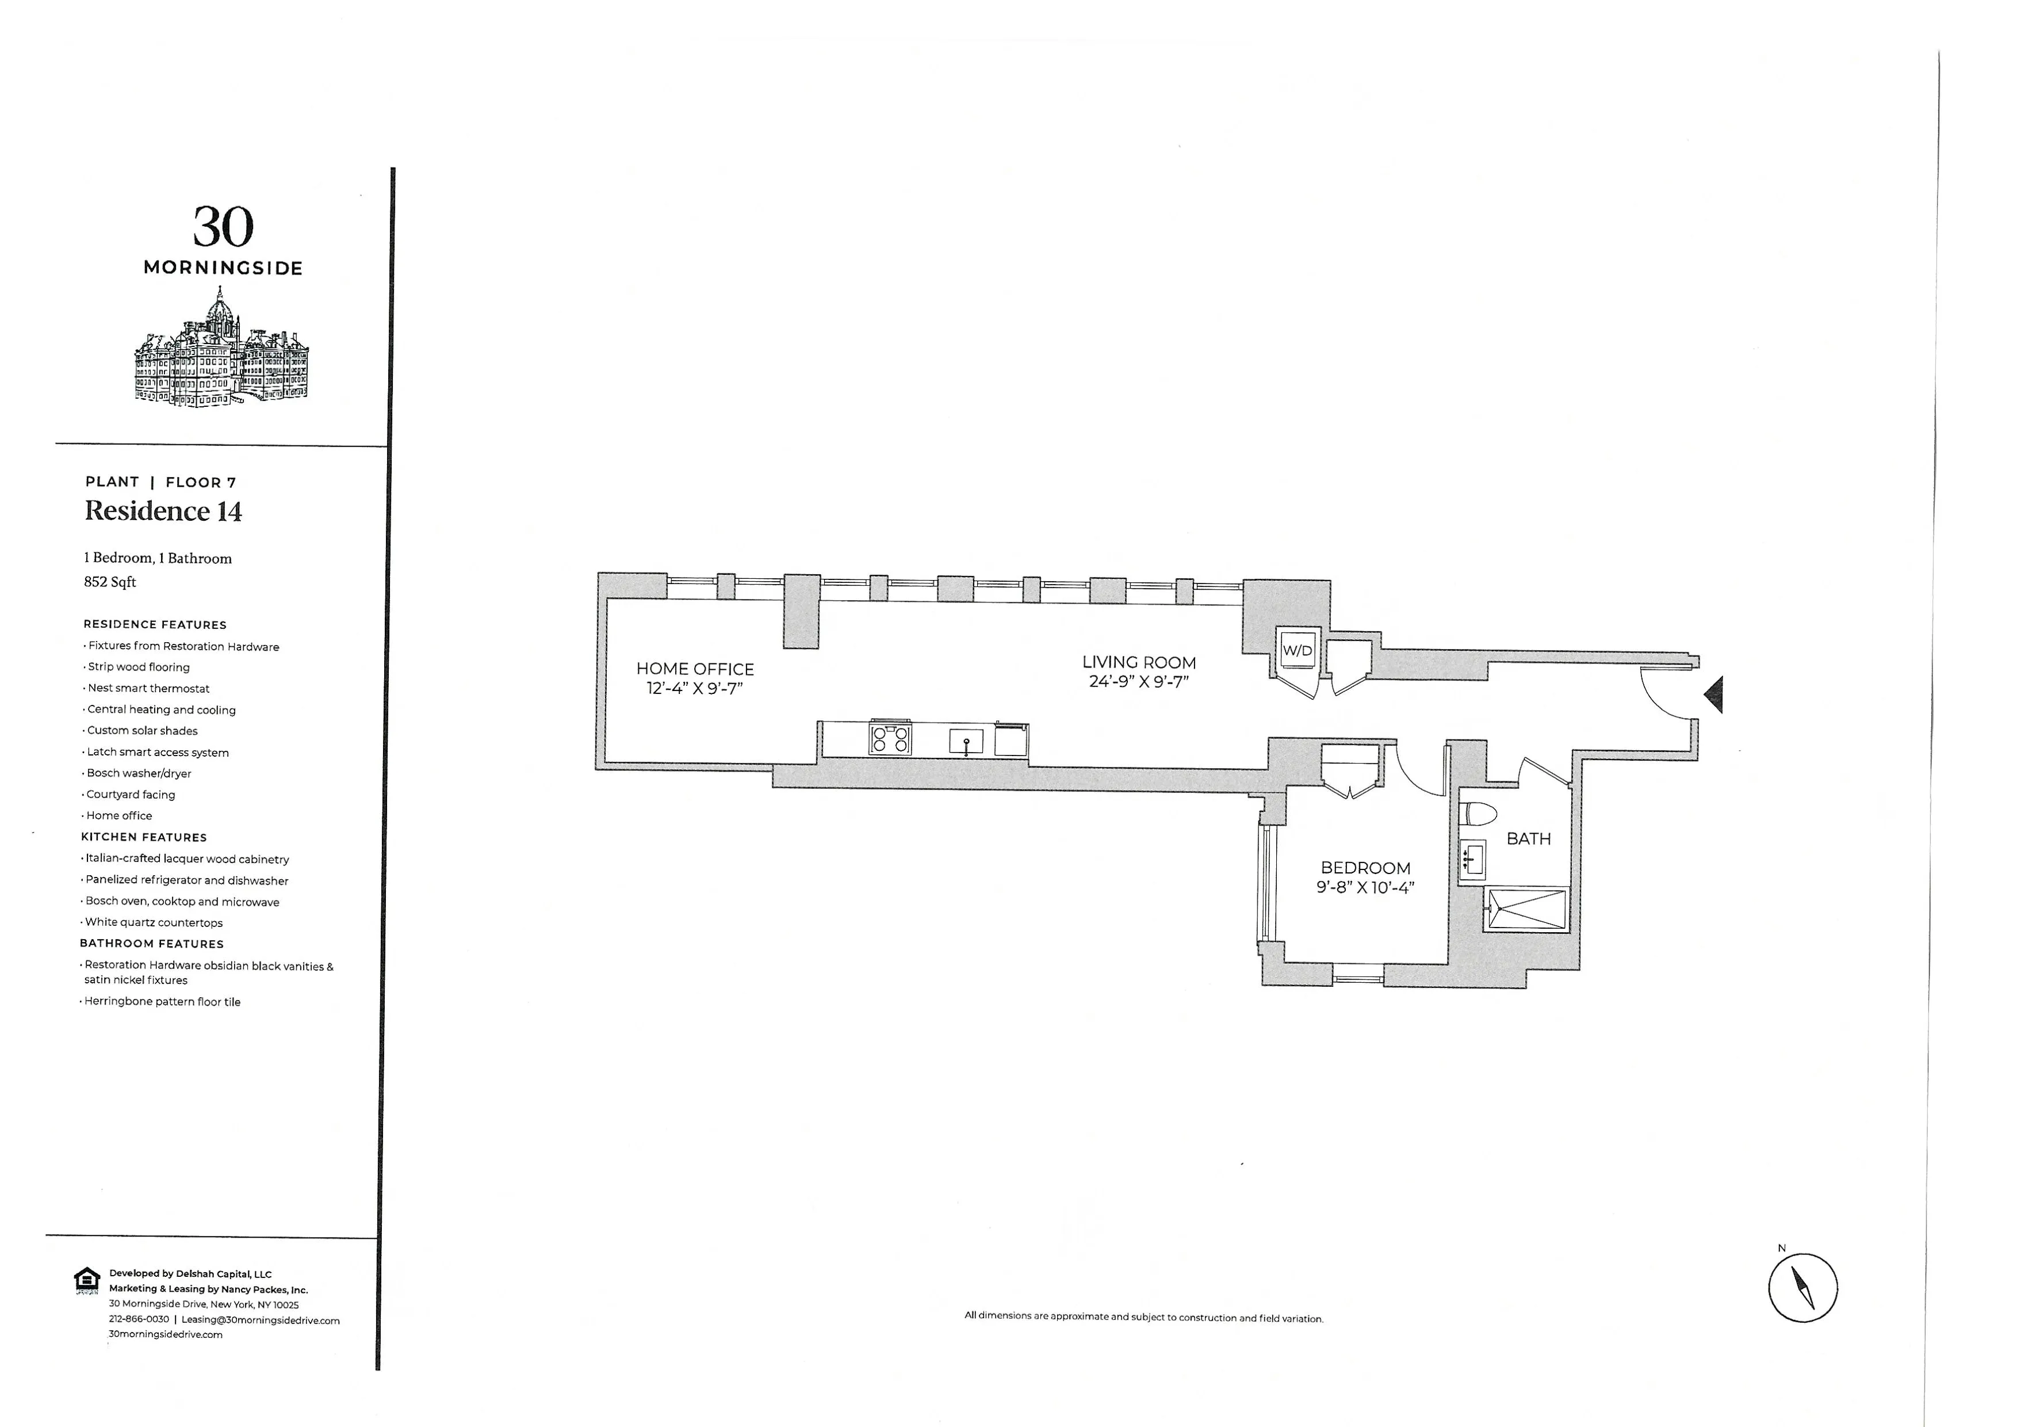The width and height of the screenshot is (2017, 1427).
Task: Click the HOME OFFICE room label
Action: pos(695,669)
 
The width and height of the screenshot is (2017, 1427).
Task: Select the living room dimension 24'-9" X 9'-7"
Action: pos(1139,681)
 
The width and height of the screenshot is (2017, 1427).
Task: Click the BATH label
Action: pos(1529,839)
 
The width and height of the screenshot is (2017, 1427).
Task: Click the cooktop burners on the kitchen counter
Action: pos(890,738)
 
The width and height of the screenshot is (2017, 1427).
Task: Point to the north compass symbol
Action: pos(1802,1288)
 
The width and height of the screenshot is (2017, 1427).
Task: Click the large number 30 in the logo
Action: pos(223,228)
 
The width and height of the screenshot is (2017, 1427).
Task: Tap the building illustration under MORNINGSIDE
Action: pos(221,352)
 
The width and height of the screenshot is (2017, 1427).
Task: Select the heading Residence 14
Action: pos(163,512)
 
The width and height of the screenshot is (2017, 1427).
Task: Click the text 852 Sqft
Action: pos(110,582)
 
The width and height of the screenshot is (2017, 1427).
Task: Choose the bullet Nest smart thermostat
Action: pos(148,688)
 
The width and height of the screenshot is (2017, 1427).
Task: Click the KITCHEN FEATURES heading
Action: pos(144,837)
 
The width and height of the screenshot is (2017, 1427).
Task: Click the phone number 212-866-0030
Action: pos(139,1319)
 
